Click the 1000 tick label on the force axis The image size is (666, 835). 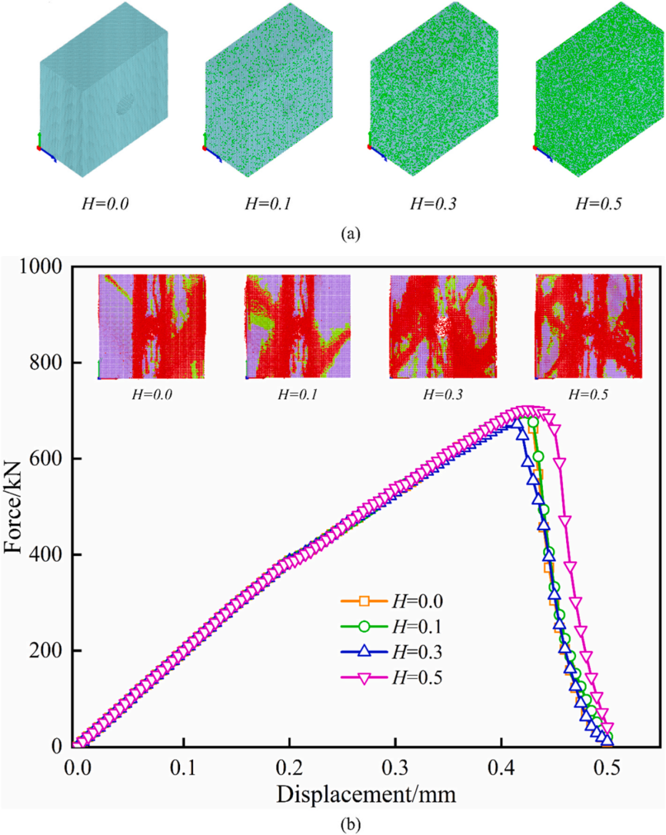click(41, 267)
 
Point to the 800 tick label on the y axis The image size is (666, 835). click(46, 362)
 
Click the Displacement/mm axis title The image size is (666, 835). click(366, 794)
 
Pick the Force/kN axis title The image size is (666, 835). click(14, 506)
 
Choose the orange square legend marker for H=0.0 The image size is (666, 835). click(364, 600)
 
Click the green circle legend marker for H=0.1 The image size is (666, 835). click(364, 626)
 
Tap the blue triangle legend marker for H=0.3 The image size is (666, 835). click(364, 652)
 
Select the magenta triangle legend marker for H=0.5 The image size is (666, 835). click(364, 678)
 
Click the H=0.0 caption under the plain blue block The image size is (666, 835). click(105, 204)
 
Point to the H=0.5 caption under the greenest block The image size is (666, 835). click(598, 204)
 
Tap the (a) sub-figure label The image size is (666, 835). click(350, 233)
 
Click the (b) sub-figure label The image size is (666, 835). click(350, 824)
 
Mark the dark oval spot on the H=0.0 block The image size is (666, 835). click(125, 104)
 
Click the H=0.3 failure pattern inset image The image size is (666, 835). click(443, 326)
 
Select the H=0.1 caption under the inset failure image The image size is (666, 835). click(297, 394)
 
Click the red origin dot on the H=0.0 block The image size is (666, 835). click(39, 147)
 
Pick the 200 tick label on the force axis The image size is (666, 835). click(46, 650)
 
